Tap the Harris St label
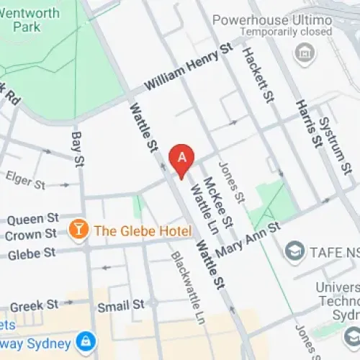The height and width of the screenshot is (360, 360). point(307,124)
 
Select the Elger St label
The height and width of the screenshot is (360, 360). point(25,179)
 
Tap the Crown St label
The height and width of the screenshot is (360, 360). point(31,234)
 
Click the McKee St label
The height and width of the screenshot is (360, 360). point(218,202)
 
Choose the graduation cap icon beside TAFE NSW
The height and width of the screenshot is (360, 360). point(294,251)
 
